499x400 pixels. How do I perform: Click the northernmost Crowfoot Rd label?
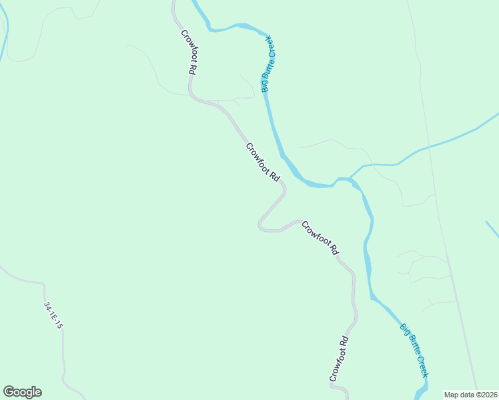tap(187, 52)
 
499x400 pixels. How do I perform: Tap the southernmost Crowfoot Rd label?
tap(340, 359)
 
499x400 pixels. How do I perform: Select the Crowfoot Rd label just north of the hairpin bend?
tap(262, 161)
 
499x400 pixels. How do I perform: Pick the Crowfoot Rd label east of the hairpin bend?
tap(320, 239)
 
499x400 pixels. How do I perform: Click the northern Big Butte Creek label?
tap(269, 65)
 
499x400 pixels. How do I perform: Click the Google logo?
tap(22, 392)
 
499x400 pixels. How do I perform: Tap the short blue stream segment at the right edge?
tap(492, 229)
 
